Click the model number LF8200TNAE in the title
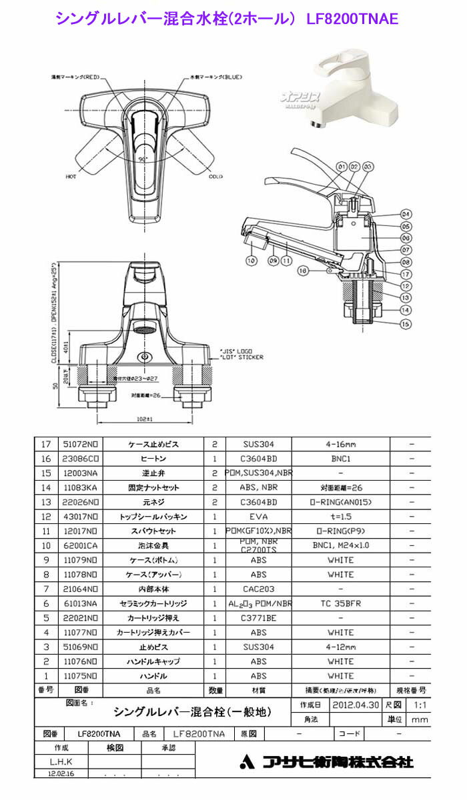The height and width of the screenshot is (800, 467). coord(352,19)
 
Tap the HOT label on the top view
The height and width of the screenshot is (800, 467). coord(71,177)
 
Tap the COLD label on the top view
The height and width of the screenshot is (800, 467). coord(215,177)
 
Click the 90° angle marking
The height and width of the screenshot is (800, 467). coord(143,160)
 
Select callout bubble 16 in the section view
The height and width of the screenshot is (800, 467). coord(304,271)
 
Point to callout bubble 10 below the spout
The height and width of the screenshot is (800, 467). coord(251,261)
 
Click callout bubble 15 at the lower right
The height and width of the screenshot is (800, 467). coord(405,324)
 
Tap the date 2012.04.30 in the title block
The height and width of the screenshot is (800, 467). coord(355,705)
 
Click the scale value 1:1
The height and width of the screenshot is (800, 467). coord(416,705)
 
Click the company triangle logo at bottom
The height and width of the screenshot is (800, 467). coord(247,762)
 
